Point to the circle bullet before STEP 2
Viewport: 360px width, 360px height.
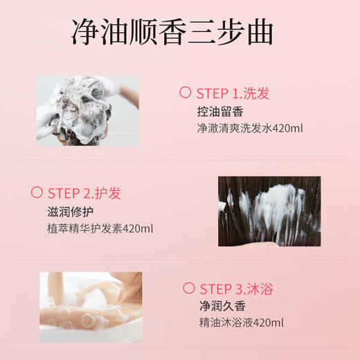37,192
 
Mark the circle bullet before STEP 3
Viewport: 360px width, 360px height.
188,288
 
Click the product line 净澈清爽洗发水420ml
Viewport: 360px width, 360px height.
250,129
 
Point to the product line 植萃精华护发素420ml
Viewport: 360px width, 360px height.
100,228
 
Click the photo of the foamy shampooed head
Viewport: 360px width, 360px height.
87,110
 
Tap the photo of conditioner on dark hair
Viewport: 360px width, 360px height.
269,211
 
